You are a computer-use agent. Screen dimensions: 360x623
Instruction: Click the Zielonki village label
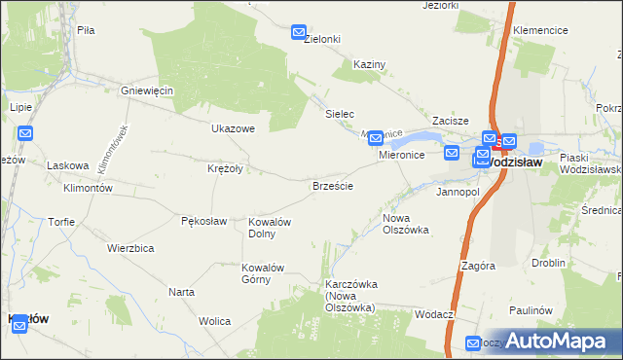click(x=321, y=39)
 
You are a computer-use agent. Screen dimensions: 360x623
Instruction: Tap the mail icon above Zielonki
click(x=299, y=33)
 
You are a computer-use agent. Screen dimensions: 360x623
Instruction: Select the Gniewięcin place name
click(x=146, y=90)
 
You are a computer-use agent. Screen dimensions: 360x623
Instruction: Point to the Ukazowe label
click(x=233, y=127)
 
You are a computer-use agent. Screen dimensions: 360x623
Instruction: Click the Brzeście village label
click(x=332, y=185)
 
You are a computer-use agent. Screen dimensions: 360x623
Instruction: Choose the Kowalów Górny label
click(x=262, y=273)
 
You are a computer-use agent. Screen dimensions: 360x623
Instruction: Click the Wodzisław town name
click(x=527, y=162)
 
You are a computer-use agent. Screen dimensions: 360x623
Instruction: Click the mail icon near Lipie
click(x=25, y=133)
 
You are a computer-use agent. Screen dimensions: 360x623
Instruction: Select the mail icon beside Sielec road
click(x=375, y=139)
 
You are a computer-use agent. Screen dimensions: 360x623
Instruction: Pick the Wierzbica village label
click(x=130, y=248)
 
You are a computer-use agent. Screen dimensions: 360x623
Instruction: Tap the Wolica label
click(x=214, y=320)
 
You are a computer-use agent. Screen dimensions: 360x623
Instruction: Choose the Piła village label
click(x=86, y=30)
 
